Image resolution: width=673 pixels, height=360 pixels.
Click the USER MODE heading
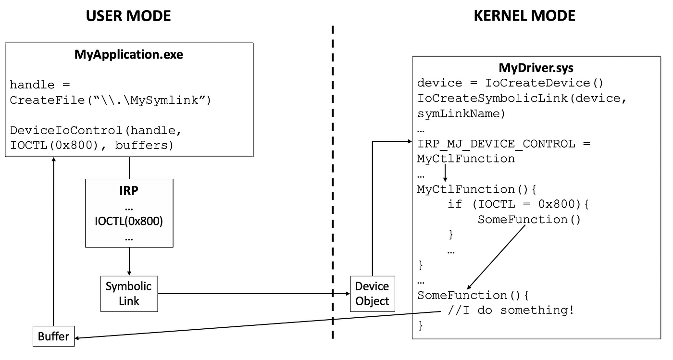tap(128, 16)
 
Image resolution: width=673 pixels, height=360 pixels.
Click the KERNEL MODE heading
tap(524, 16)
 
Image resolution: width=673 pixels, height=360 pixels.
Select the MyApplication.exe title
tap(128, 54)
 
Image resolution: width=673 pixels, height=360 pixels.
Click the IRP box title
tap(129, 190)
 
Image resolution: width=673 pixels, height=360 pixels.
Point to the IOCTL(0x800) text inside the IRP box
tap(129, 222)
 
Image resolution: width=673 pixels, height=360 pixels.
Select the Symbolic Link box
tap(128, 293)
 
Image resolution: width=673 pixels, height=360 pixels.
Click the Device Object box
tap(372, 293)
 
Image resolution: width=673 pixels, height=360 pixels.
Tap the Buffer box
tap(53, 336)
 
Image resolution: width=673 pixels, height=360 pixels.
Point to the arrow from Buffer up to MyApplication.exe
tap(53, 240)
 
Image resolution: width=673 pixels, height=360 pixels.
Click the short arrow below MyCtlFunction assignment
tap(445, 173)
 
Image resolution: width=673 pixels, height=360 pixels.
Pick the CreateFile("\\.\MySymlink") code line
tap(111, 101)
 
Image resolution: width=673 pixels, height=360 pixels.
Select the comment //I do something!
tap(511, 310)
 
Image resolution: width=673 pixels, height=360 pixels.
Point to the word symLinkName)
tap(461, 113)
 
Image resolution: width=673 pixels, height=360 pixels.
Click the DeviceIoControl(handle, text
tap(97, 130)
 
